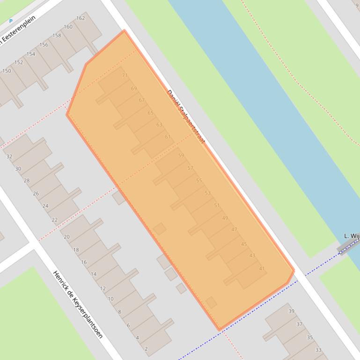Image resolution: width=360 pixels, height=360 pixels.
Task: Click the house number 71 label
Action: tap(125, 75)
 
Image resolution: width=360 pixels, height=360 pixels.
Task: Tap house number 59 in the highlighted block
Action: tap(181, 156)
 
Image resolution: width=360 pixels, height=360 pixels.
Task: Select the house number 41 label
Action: tap(262, 269)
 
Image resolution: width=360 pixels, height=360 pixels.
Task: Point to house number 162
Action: tap(81, 18)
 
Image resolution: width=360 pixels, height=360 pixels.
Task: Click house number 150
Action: tap(7, 71)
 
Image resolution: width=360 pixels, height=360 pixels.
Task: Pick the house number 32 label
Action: tap(9, 157)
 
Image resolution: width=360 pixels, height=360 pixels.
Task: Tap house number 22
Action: tap(55, 220)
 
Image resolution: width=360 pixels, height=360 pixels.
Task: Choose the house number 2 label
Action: tap(146, 349)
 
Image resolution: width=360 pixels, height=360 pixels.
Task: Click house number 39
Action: tap(291, 311)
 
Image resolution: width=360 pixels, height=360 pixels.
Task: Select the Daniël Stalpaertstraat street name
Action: tap(186, 116)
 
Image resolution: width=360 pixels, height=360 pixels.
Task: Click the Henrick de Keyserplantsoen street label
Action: tap(77, 304)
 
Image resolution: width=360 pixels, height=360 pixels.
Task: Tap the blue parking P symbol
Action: tap(11, 22)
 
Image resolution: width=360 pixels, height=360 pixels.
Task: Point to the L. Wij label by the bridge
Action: tap(351, 236)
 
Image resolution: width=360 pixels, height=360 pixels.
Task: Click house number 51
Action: tap(217, 205)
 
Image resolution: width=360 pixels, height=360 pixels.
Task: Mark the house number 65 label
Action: tap(150, 113)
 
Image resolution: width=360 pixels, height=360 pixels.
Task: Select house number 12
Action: tap(103, 288)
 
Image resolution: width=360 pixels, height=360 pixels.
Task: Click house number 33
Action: tap(318, 350)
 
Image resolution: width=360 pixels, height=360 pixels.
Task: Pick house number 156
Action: tap(44, 45)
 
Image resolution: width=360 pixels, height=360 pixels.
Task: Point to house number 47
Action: tap(235, 230)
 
